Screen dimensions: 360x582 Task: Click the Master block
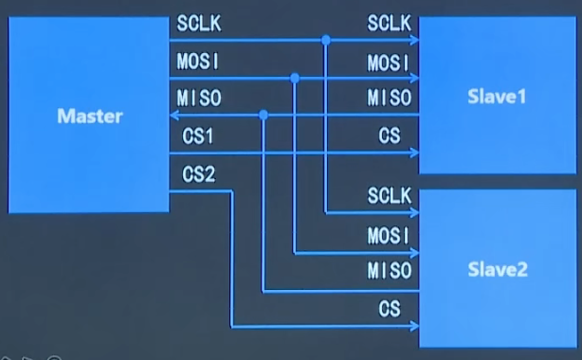click(x=89, y=116)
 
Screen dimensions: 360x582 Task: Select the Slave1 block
click(x=498, y=96)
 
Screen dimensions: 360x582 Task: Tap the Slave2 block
click(x=498, y=269)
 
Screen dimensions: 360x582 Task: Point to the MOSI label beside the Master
click(x=198, y=61)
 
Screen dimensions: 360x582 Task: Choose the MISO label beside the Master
click(x=198, y=98)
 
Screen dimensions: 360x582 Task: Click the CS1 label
click(x=197, y=135)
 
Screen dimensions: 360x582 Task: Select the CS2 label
click(x=197, y=174)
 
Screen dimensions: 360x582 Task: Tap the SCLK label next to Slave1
click(x=390, y=23)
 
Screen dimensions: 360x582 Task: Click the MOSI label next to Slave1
click(x=390, y=62)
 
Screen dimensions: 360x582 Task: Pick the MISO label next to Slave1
click(x=390, y=98)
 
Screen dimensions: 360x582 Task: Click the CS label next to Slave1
click(x=390, y=135)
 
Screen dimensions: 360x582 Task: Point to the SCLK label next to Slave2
click(x=390, y=196)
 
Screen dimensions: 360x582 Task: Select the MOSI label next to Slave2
click(x=390, y=235)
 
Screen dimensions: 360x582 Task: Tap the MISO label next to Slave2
click(x=390, y=271)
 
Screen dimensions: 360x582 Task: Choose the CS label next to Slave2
click(x=390, y=309)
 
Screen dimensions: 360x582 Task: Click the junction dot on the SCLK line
click(x=325, y=41)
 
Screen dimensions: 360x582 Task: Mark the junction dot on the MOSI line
click(x=295, y=78)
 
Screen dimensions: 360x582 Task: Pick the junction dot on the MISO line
click(x=264, y=115)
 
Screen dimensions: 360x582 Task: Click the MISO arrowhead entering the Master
click(x=175, y=115)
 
